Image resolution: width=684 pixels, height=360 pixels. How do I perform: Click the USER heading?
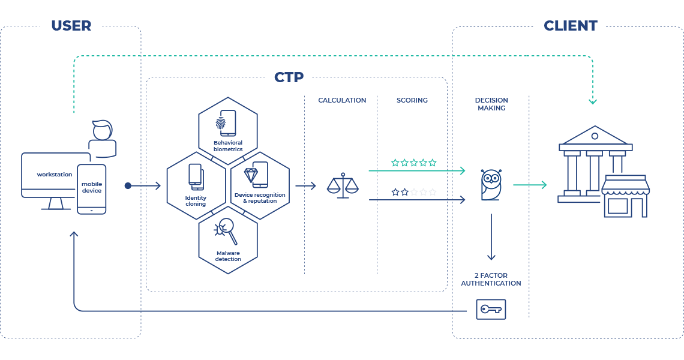[x=71, y=26]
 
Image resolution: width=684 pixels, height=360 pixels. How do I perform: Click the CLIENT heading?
[x=570, y=26]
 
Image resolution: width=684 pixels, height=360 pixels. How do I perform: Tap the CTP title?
[x=289, y=77]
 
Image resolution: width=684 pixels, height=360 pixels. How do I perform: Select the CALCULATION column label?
[x=341, y=100]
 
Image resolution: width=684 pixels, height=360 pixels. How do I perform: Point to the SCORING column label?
[x=412, y=100]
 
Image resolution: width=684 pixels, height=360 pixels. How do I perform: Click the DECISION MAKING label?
[x=491, y=104]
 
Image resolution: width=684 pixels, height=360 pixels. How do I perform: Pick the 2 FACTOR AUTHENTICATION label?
[x=491, y=279]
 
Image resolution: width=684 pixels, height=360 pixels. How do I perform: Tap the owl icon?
[x=491, y=184]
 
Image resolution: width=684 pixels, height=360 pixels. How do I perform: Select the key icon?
[x=491, y=310]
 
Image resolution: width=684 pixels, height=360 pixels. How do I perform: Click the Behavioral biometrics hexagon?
[x=227, y=127]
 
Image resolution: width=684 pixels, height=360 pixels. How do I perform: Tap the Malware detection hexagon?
[x=227, y=242]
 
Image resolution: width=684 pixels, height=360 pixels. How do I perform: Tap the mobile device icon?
[x=92, y=189]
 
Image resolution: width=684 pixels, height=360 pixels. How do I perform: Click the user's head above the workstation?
[x=102, y=130]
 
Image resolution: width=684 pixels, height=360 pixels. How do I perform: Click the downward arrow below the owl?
[x=491, y=236]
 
